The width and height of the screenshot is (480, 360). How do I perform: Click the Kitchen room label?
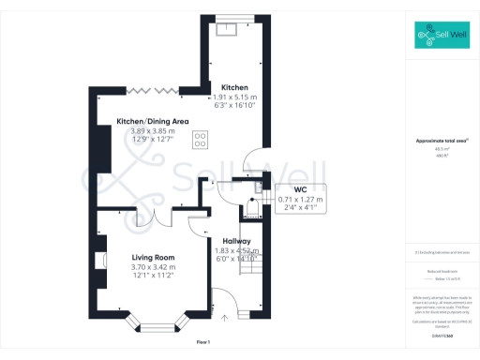point(233,87)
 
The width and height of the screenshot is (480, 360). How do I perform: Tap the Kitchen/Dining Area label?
point(152,121)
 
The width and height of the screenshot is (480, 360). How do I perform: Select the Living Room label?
point(141,256)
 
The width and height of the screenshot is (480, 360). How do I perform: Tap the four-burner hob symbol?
point(201,141)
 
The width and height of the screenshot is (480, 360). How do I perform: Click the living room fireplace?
point(101,256)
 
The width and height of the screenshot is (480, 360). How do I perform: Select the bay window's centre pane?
point(156,328)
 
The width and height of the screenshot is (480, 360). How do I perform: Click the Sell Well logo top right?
point(442,37)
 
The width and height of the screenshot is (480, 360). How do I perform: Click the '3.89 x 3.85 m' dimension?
point(152,131)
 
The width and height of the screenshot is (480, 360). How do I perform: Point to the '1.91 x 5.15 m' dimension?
point(233,97)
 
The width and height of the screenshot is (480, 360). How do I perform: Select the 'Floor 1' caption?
point(202,343)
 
